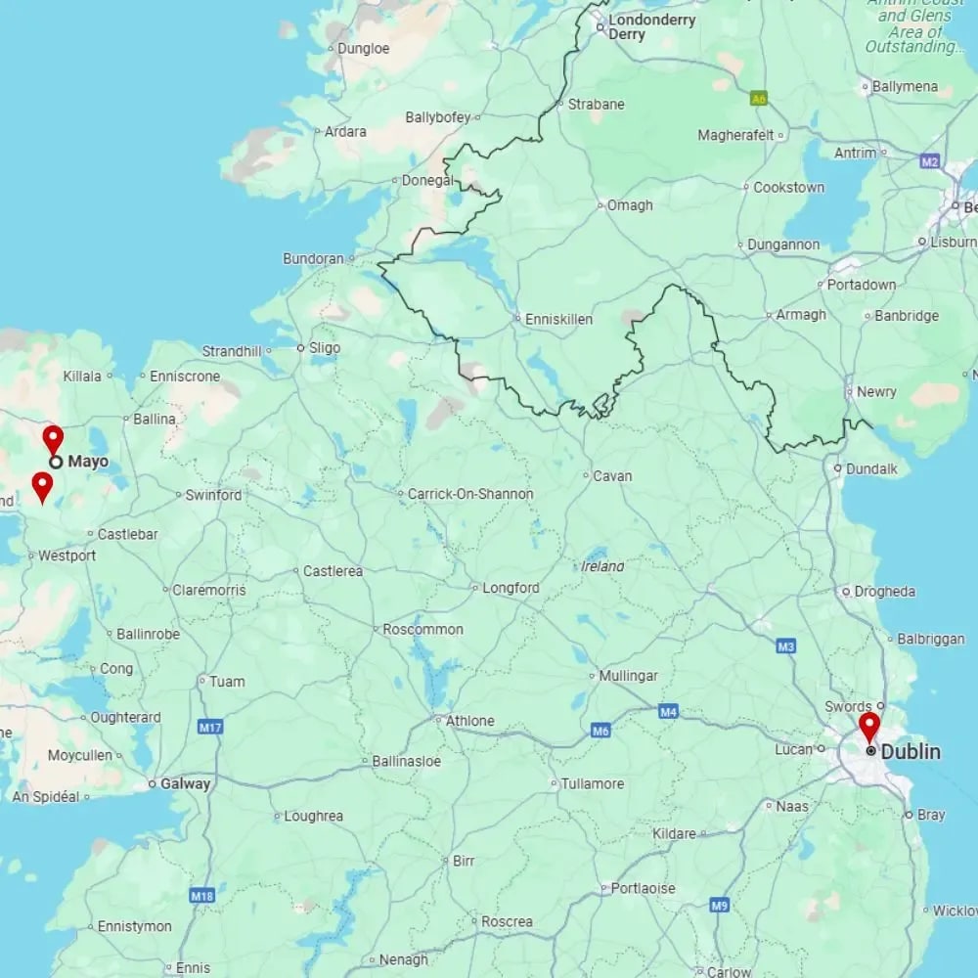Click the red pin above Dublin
[868, 727]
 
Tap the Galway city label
[186, 783]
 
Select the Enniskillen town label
[558, 319]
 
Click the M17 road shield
[210, 727]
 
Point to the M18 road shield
[202, 895]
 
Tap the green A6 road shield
[759, 98]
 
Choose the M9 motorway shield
[720, 905]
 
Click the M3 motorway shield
[785, 646]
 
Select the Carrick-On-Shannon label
[470, 494]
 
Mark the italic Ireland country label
[602, 566]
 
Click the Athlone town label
[469, 721]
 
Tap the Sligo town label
[325, 347]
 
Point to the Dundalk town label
[871, 468]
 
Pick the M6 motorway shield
[600, 730]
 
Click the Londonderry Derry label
[638, 26]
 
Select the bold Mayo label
[88, 461]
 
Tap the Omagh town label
[630, 205]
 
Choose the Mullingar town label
[628, 676]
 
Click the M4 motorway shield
[668, 711]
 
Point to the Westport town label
[67, 556]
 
